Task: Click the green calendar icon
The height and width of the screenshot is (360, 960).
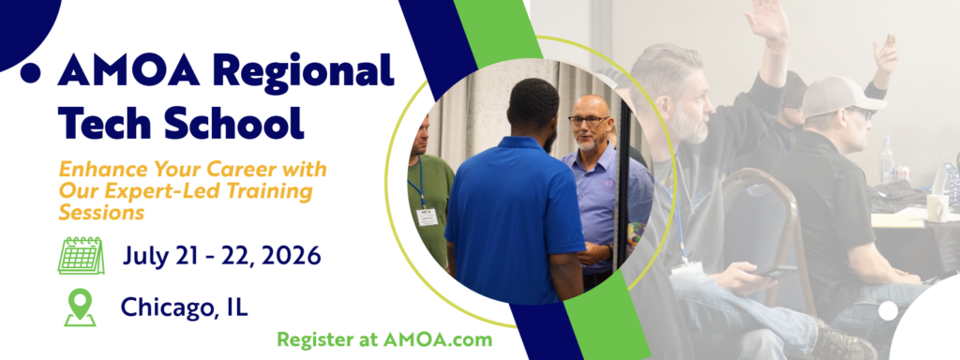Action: (x=81, y=254)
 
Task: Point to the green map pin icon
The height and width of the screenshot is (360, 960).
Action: (x=80, y=307)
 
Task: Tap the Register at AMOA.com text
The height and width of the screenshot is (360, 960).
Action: (x=384, y=339)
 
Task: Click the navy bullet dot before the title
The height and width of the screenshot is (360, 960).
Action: (x=30, y=72)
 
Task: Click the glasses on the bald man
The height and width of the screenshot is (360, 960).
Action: (x=587, y=121)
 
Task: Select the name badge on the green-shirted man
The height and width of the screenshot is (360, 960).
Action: (x=427, y=217)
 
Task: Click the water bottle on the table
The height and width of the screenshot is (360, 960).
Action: (x=887, y=160)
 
